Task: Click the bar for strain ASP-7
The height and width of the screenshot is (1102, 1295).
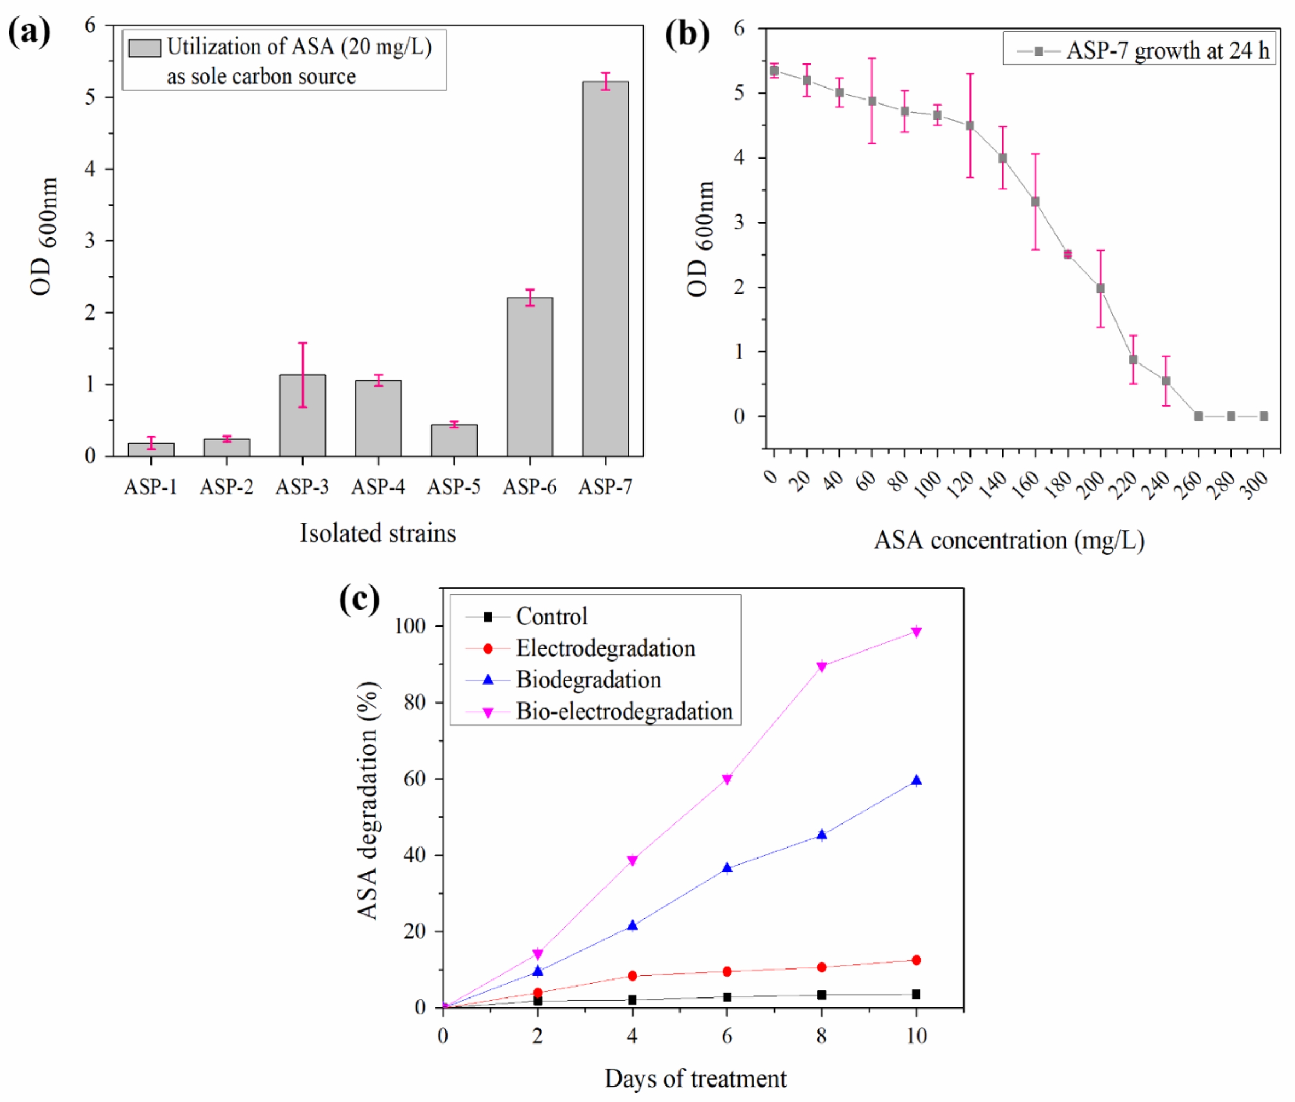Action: (x=605, y=269)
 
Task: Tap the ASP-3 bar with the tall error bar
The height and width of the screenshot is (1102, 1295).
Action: (x=303, y=415)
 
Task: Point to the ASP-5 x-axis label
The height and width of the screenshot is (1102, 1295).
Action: (x=454, y=486)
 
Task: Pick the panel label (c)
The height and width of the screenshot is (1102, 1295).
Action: (x=359, y=600)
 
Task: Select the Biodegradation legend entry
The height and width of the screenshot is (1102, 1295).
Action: (x=588, y=680)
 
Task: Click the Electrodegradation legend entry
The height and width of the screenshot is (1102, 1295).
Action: (x=605, y=648)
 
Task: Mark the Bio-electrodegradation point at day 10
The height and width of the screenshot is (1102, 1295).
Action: (x=916, y=631)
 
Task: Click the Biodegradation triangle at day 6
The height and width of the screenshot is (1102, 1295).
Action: (x=727, y=868)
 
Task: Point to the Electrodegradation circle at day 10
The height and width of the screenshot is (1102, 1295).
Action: (x=916, y=960)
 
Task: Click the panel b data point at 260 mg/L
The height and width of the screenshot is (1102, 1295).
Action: (x=1198, y=416)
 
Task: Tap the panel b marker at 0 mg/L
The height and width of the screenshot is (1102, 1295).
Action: (x=774, y=71)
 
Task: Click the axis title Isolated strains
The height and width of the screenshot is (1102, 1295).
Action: (x=378, y=533)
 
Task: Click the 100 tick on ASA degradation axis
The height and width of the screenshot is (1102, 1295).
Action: (x=410, y=626)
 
